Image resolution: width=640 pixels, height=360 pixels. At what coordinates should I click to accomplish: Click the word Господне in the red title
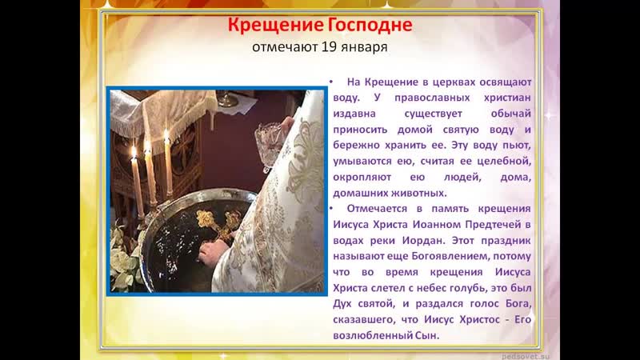click(x=370, y=25)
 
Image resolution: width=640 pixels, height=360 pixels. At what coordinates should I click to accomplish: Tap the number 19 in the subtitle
click(x=328, y=47)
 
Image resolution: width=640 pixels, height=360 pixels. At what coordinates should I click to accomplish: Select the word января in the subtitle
click(x=363, y=48)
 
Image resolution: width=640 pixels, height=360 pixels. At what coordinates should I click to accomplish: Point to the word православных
click(x=432, y=98)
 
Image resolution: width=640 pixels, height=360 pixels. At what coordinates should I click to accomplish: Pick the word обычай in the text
click(x=511, y=114)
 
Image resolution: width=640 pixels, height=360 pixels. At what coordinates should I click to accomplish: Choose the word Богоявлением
click(x=450, y=256)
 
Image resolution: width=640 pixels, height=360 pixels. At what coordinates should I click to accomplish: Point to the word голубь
click(x=468, y=288)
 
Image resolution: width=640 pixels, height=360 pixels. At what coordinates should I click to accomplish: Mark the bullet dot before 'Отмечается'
click(x=331, y=208)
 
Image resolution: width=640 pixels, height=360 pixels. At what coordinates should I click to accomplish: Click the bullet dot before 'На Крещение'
click(x=331, y=82)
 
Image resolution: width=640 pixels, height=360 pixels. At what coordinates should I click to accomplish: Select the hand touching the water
click(x=213, y=252)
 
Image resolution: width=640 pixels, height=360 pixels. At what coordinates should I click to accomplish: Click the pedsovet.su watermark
click(x=526, y=356)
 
